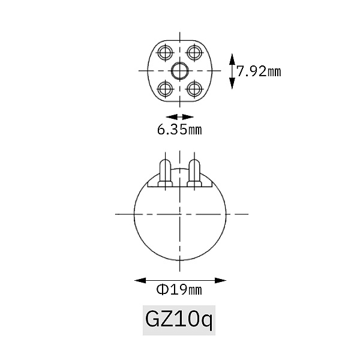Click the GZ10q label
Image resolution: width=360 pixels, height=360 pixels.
point(179,320)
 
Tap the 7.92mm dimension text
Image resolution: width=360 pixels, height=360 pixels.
point(259,71)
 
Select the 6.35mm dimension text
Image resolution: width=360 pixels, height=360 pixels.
point(179,130)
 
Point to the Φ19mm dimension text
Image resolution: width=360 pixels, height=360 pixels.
point(179,290)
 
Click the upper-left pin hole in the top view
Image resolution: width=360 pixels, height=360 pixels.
point(165,53)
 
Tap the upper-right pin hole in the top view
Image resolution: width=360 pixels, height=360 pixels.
point(194,53)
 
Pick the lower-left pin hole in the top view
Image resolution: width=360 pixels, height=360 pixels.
point(165,89)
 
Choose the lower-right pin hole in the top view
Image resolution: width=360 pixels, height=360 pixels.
point(194,89)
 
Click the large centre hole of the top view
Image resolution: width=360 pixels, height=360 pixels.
point(180,71)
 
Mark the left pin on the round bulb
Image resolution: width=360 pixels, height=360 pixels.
point(165,173)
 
